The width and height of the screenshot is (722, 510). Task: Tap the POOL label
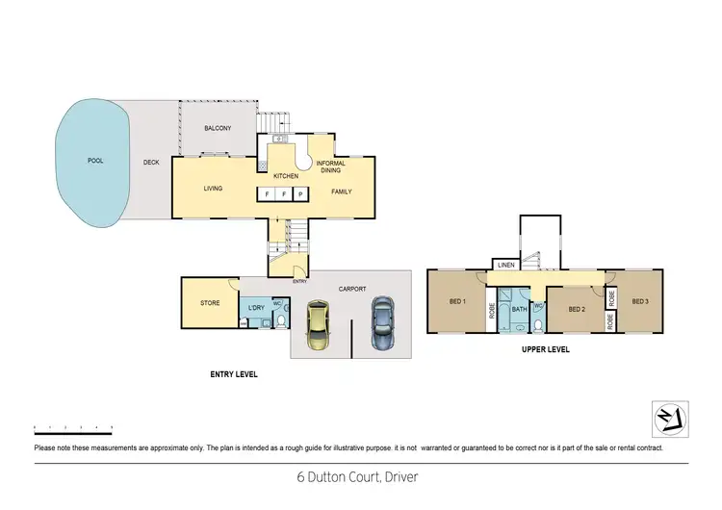(x=94, y=161)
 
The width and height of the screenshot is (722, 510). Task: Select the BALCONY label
(x=218, y=128)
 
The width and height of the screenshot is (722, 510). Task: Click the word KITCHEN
(x=286, y=176)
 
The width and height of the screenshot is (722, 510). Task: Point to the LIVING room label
(x=213, y=189)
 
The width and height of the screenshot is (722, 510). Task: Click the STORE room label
(x=210, y=303)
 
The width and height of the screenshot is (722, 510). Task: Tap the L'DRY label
(x=256, y=307)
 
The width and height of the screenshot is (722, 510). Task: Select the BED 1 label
(x=457, y=301)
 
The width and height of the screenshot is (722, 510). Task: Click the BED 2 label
(x=577, y=309)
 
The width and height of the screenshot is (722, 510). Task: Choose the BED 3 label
(x=640, y=301)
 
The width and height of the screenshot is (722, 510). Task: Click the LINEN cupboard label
(x=504, y=266)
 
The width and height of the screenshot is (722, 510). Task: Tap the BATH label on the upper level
(x=520, y=309)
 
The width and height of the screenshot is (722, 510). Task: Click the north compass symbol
(x=669, y=417)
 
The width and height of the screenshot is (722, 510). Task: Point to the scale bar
(x=73, y=425)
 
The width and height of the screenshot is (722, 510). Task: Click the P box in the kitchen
(x=299, y=194)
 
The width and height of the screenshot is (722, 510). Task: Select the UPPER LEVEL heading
(x=546, y=349)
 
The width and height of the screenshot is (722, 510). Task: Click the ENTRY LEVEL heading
(x=234, y=373)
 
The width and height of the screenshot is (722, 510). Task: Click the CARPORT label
(x=353, y=288)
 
